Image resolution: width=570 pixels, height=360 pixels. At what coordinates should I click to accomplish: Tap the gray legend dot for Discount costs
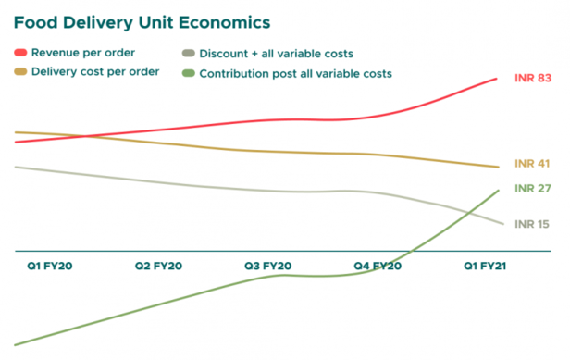(189, 54)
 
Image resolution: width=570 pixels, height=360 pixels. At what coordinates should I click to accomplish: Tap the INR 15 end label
(532, 224)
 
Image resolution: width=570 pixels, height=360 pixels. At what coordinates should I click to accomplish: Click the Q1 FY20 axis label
(49, 266)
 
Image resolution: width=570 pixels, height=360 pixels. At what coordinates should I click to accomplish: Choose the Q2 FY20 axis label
(158, 266)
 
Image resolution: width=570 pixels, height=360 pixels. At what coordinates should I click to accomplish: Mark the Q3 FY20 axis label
(267, 266)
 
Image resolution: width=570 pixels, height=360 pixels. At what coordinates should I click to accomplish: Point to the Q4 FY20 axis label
(378, 266)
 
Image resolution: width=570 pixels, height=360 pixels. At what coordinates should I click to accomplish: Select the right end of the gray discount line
(503, 224)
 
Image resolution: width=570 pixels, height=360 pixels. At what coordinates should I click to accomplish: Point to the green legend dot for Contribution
(189, 72)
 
